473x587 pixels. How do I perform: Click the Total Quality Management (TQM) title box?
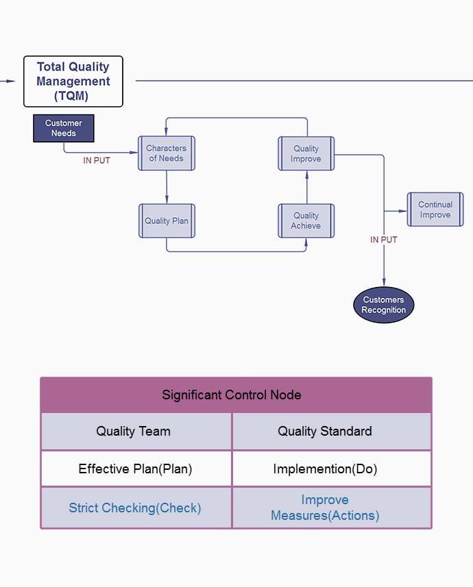pos(73,82)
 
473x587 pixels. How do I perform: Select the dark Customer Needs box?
pos(64,128)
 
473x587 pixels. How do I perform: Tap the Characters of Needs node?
pos(167,153)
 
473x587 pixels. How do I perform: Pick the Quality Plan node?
pos(167,221)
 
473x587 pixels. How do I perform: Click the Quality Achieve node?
pos(306,221)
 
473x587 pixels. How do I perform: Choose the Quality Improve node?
pos(306,153)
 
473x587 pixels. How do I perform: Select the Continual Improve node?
pos(435,210)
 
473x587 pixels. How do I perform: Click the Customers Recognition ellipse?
pos(384,305)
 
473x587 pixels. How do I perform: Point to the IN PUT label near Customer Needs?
pos(97,160)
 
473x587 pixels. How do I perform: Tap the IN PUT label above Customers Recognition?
pos(384,240)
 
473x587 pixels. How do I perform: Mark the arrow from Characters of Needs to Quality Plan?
pos(167,186)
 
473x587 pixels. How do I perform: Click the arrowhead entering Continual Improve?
pos(403,211)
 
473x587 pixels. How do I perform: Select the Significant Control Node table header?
pos(236,395)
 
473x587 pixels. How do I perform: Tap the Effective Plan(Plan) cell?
pos(136,469)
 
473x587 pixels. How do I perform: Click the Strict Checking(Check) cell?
pos(136,508)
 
